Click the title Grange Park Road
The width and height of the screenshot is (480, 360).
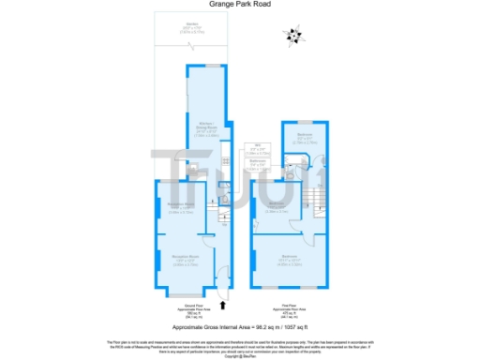coord(240,5)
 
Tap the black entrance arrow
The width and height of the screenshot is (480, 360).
coord(222,303)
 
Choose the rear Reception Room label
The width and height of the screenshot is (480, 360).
coord(180,208)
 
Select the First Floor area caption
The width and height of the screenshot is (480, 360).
coord(290,308)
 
